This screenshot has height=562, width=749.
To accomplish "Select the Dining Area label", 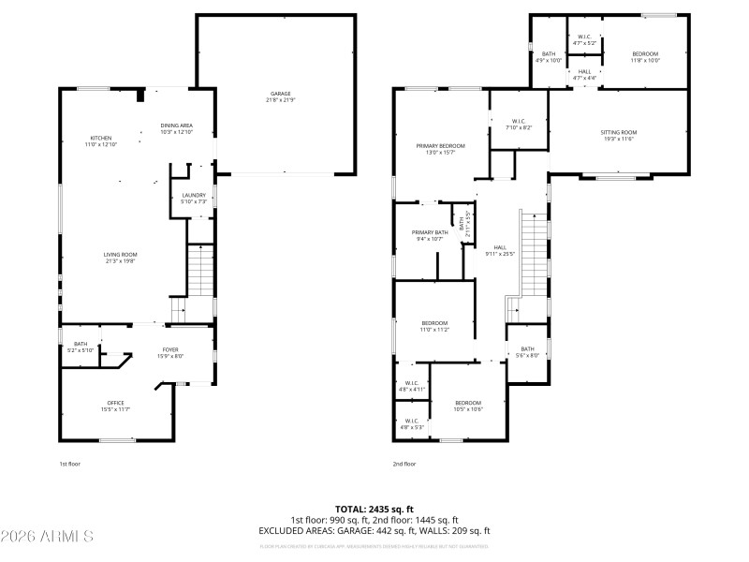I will [x=176, y=128].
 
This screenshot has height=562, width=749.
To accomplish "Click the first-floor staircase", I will [x=200, y=272].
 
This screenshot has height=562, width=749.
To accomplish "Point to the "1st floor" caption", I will [x=69, y=464].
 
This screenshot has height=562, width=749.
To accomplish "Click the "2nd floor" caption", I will [x=404, y=464].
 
